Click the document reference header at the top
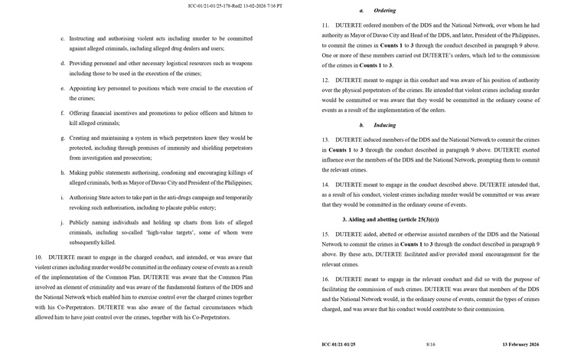pyautogui.click(x=234, y=6)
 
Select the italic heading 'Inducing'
pyautogui.click(x=384, y=124)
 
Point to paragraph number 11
pyautogui.click(x=326, y=25)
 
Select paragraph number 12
pyautogui.click(x=326, y=80)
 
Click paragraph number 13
pyautogui.click(x=326, y=140)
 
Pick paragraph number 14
pyautogui.click(x=326, y=185)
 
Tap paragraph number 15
pyautogui.click(x=326, y=234)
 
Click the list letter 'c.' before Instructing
pyautogui.click(x=61, y=38)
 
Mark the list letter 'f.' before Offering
pyautogui.click(x=61, y=113)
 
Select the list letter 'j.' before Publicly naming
pyautogui.click(x=61, y=222)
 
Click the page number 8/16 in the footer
pyautogui.click(x=431, y=345)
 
